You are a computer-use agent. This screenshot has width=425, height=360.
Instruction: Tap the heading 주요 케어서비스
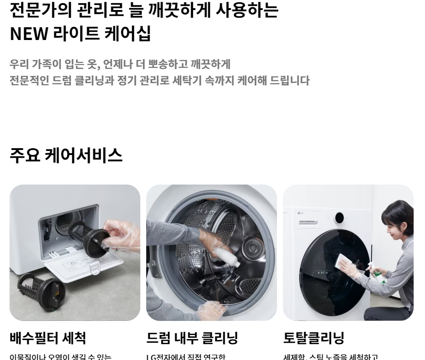click(66, 155)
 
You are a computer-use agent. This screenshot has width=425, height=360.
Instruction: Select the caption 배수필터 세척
click(48, 338)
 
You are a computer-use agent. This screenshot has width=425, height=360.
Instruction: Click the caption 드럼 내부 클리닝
click(192, 338)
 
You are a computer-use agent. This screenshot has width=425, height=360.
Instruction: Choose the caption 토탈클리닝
click(314, 338)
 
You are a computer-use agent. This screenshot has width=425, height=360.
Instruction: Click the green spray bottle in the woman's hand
click(376, 275)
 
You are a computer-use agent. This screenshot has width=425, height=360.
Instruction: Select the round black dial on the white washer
click(339, 218)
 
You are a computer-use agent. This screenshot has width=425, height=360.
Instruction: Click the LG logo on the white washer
click(301, 213)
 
